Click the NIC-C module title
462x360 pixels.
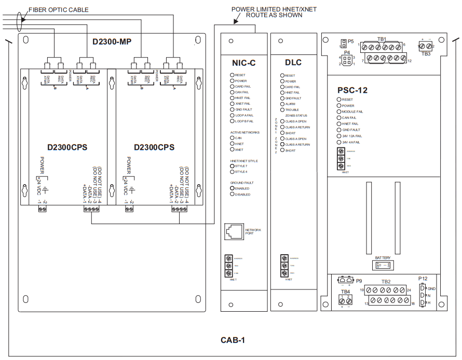pos(243,63)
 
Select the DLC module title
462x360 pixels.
pos(293,63)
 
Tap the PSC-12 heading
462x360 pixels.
pos(352,90)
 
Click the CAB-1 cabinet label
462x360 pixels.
pos(232,340)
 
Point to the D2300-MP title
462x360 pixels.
pos(112,41)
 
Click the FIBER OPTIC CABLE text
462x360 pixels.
pos(58,9)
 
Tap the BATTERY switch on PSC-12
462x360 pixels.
pos(383,265)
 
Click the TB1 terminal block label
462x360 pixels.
pos(381,39)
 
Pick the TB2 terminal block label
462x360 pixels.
pos(386,282)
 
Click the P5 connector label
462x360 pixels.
pos(351,41)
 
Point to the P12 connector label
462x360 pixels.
pos(422,278)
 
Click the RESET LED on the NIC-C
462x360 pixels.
pos(232,75)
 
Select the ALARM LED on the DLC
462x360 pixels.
pos(282,104)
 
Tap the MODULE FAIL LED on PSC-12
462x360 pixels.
pos(339,112)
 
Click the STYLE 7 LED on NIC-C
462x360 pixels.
pos(232,166)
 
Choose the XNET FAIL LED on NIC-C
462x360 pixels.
pos(232,104)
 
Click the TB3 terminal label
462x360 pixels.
pos(426,53)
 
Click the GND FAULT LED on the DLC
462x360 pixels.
pos(282,98)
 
